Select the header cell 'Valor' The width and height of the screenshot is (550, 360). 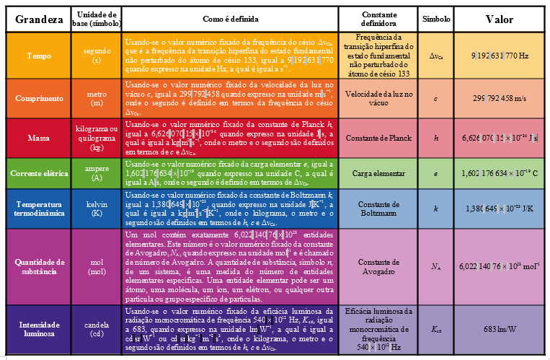[500, 19]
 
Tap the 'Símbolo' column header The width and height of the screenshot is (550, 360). [435, 19]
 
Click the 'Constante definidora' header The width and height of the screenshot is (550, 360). [379, 19]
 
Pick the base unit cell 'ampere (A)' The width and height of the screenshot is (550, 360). [97, 174]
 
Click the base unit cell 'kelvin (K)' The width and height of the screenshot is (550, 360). [97, 209]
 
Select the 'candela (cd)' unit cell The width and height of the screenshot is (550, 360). [97, 330]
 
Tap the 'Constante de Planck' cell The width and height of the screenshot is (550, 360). [379, 137]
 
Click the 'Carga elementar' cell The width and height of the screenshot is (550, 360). [379, 174]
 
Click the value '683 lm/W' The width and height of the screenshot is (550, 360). [500, 330]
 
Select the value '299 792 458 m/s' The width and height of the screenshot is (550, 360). [500, 98]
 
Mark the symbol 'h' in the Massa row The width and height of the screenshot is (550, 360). [435, 137]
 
